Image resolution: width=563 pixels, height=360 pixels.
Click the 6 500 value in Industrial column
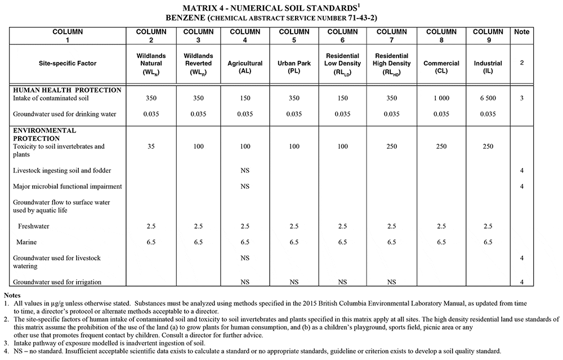click(488, 98)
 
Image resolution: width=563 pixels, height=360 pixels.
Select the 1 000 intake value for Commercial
click(441, 98)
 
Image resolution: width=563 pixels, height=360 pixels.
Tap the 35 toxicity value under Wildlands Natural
click(151, 146)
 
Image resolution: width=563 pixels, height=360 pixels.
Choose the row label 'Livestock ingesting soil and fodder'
click(62, 170)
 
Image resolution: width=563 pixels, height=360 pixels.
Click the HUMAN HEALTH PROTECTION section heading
click(67, 90)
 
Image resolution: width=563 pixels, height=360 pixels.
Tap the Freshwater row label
click(34, 226)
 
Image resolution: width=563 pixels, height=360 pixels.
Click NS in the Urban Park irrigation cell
click(294, 281)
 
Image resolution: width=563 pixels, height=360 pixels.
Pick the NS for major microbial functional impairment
click(245, 186)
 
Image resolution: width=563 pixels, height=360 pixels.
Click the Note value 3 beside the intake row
click(522, 98)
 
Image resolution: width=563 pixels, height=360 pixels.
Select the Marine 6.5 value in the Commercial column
click(441, 242)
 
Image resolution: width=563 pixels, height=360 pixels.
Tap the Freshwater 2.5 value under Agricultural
click(245, 226)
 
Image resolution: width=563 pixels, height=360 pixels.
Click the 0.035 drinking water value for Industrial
click(488, 114)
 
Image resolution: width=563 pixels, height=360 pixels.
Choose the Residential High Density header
click(391, 64)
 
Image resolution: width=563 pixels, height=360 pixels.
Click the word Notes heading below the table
click(12, 295)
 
